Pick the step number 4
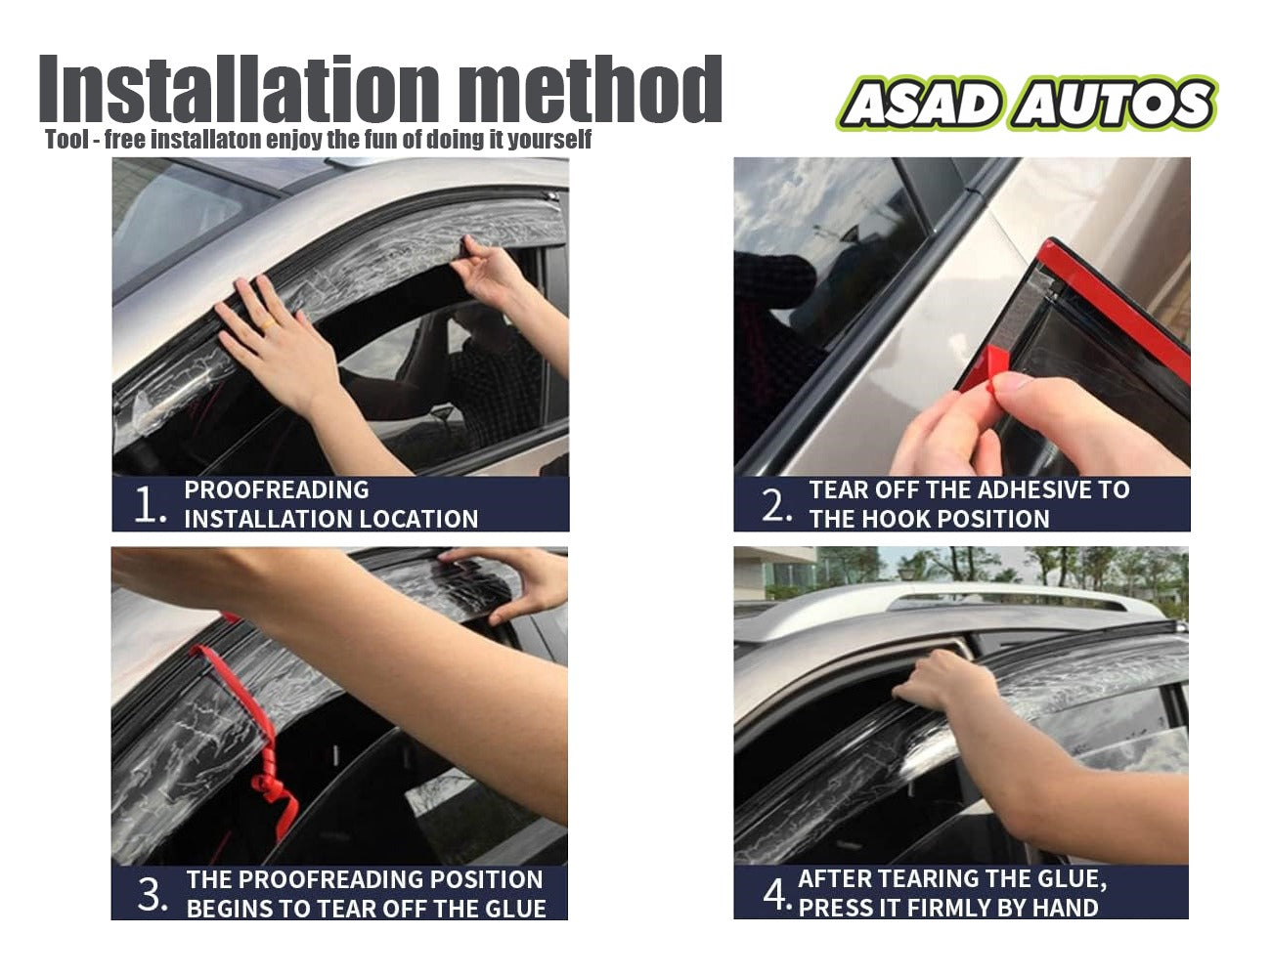click(x=775, y=894)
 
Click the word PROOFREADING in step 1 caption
click(x=277, y=490)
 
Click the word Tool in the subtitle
click(x=66, y=140)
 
